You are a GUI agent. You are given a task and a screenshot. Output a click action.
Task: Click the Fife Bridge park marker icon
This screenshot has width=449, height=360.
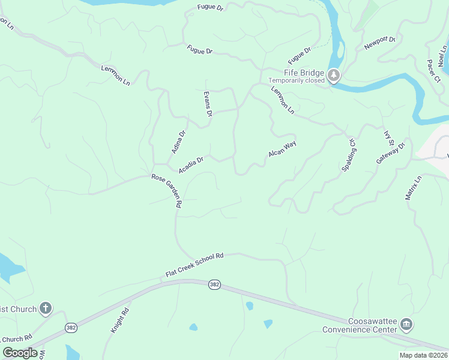(x=334, y=76)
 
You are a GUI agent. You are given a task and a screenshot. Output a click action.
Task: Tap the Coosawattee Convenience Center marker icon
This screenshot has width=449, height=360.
(x=406, y=325)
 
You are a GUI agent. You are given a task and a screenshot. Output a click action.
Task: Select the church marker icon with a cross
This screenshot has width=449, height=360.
(x=46, y=309)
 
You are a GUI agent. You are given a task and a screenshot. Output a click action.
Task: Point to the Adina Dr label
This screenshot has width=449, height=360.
(x=178, y=142)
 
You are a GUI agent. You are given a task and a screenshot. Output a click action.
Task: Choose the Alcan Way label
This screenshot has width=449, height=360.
(x=283, y=149)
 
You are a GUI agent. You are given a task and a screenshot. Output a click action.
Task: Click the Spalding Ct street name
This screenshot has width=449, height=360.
(x=349, y=155)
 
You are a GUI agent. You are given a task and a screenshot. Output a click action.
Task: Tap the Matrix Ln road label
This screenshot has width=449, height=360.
(x=414, y=188)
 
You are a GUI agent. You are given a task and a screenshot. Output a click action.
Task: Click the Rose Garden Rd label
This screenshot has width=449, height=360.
(x=167, y=191)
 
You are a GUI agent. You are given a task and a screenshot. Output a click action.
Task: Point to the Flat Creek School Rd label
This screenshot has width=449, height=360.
(x=194, y=265)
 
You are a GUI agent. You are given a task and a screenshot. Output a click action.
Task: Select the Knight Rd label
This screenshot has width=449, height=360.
(x=119, y=321)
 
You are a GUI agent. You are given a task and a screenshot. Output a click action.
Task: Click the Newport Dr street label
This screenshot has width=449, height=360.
(x=380, y=43)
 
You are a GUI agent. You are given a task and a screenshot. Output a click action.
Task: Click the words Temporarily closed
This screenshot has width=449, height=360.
(x=297, y=80)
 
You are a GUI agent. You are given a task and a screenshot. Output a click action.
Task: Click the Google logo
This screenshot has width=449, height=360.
(x=20, y=353)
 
